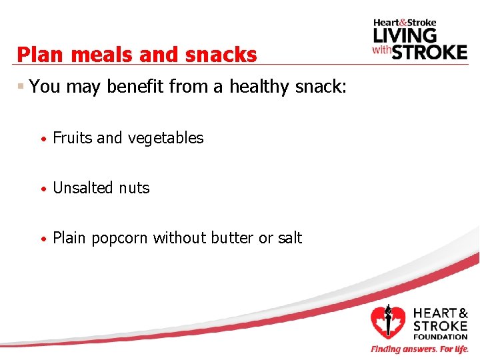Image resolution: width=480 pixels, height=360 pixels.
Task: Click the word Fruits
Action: coord(73,138)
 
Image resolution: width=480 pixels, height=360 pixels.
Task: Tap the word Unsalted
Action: coord(83,188)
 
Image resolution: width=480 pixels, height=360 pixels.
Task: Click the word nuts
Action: coord(134,188)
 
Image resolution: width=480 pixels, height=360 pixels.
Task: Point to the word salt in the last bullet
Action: coord(289,238)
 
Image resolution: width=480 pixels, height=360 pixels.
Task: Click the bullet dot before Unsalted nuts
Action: coord(43,189)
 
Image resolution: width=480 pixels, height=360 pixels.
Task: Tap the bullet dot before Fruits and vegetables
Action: coord(43,139)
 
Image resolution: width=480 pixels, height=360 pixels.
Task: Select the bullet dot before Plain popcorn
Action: coord(43,239)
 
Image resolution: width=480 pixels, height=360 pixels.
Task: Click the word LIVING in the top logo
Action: coord(405,35)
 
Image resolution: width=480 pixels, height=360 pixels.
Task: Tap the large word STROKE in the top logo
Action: coord(429,51)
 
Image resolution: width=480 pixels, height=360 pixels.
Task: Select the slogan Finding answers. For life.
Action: coord(419,349)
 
